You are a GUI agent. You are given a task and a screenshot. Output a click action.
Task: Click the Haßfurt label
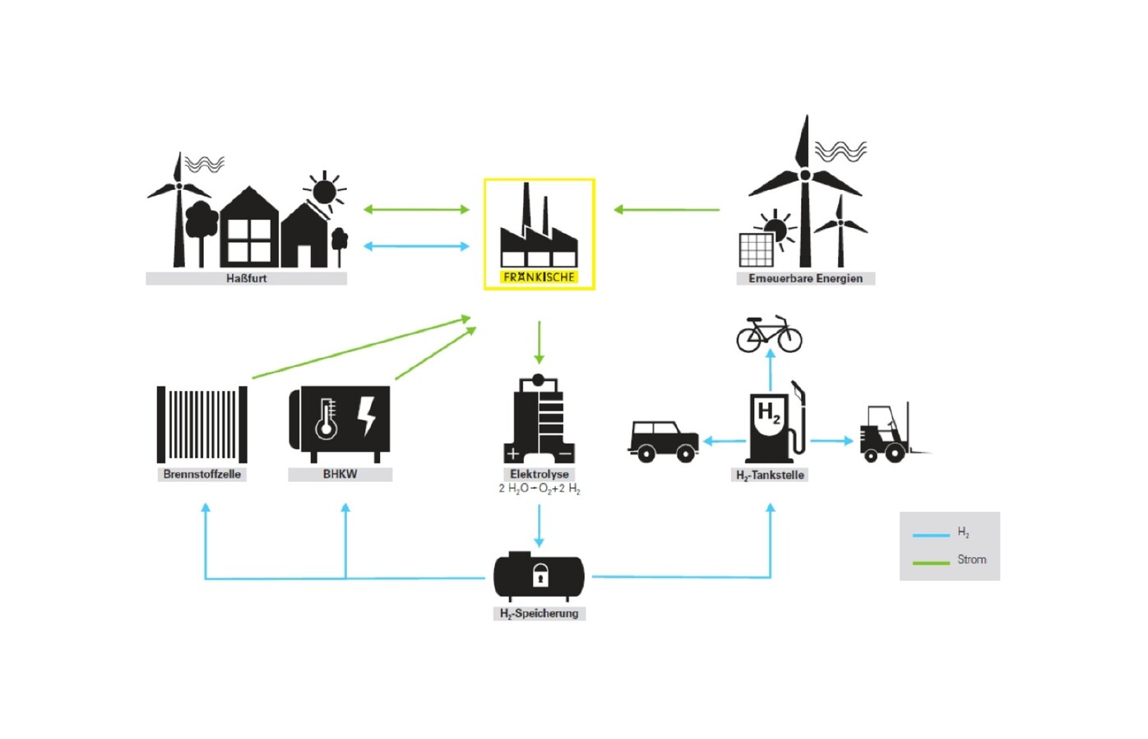246,278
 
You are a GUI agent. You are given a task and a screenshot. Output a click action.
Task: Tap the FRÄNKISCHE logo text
539,277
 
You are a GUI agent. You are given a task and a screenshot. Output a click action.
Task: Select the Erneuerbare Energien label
805,278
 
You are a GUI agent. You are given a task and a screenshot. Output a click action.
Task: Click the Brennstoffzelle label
201,474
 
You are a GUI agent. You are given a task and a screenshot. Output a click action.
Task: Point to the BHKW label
340,474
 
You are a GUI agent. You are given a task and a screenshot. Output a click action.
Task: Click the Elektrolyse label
539,474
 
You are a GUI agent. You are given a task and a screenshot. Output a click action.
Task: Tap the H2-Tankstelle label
770,475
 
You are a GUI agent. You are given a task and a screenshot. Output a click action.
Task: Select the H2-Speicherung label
539,613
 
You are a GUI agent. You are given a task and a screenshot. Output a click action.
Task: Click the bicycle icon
769,334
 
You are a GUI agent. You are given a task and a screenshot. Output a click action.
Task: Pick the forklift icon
888,433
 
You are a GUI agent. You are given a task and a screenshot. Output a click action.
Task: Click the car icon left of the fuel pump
664,440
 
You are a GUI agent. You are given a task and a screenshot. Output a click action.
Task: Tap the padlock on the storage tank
539,574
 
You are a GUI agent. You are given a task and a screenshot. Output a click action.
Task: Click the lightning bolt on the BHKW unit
367,416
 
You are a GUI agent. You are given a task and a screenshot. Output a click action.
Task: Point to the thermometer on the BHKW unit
326,420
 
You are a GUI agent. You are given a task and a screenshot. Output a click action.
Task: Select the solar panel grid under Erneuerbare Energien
756,249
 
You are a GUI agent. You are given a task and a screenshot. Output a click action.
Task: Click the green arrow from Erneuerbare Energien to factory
666,210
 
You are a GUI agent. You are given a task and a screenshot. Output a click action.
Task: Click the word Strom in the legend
971,560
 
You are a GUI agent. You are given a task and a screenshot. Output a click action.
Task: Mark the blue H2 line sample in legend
931,535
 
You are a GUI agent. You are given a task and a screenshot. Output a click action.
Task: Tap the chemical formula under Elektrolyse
539,489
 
